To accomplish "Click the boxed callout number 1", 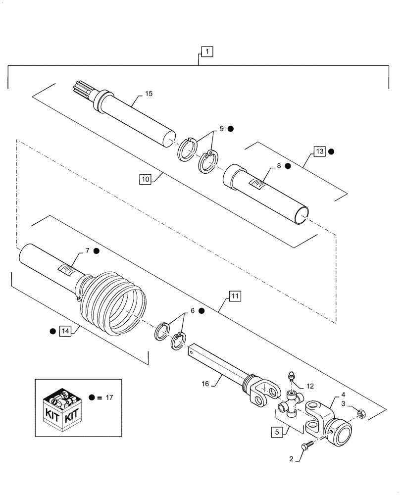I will [x=206, y=50].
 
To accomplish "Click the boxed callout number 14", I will [x=64, y=331].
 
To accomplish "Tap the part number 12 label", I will [x=310, y=386].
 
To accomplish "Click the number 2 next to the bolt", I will [x=292, y=459].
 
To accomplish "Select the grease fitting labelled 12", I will [x=291, y=377].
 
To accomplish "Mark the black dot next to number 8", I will [x=288, y=167].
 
